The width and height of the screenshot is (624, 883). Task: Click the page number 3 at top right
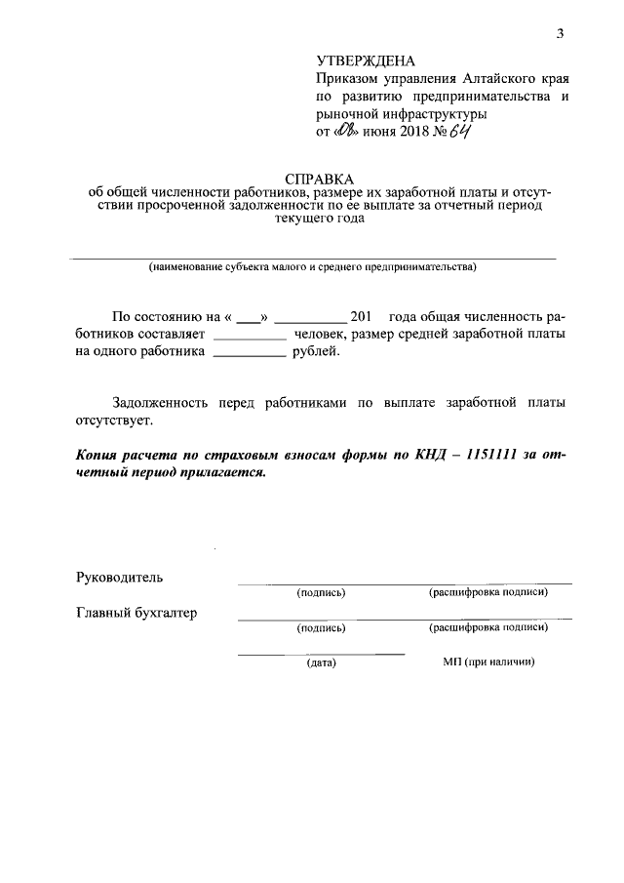[560, 34]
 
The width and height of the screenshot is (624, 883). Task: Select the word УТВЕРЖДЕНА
[360, 61]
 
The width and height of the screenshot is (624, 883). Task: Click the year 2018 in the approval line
[413, 132]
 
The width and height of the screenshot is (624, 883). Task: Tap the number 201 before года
[361, 316]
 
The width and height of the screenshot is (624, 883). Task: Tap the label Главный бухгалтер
[136, 613]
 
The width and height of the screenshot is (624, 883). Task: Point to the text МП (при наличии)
[488, 662]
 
